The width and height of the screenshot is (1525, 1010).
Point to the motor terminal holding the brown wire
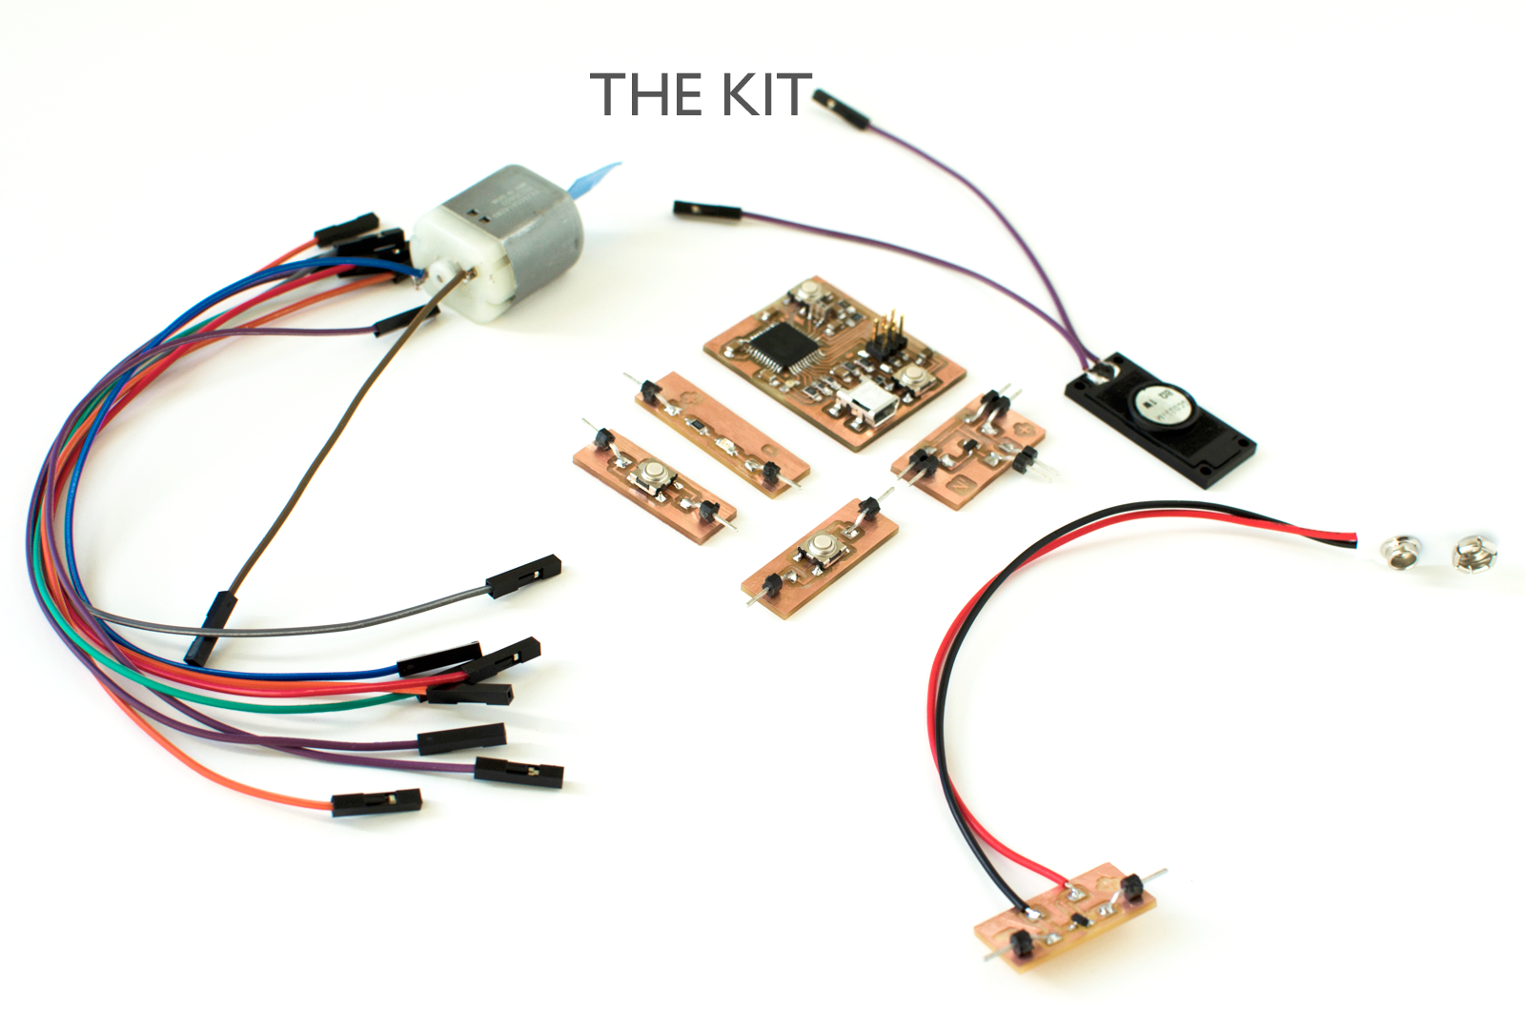click(x=467, y=275)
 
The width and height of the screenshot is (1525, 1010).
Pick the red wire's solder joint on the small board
click(x=1077, y=894)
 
